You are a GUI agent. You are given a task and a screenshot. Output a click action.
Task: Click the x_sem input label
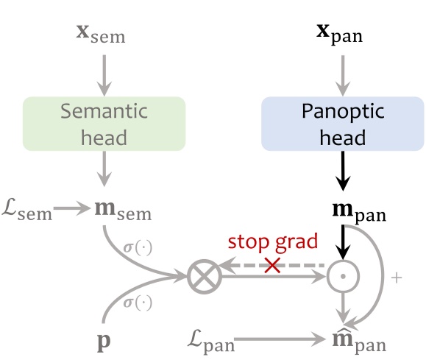coord(101,33)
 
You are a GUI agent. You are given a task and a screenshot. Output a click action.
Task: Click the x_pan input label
coord(340,33)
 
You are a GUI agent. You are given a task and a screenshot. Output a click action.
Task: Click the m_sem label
coord(122,213)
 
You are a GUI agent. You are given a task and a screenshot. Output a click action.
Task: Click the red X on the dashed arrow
coord(272,266)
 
